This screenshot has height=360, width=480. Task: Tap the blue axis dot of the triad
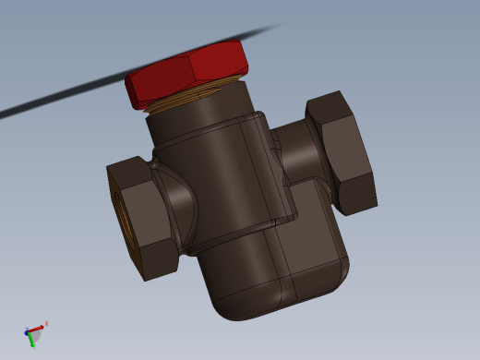[27, 330]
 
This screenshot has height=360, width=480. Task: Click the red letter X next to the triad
[46, 323]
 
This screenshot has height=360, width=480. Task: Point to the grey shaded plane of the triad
[33, 333]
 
